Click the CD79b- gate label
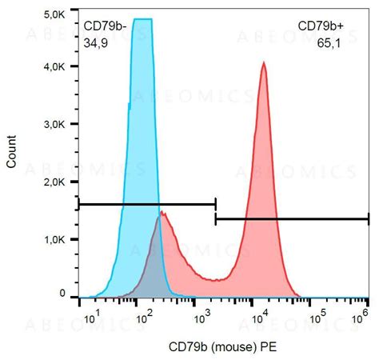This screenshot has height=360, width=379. (x=106, y=28)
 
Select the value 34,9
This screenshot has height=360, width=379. (x=95, y=44)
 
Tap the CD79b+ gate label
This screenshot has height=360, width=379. (x=317, y=28)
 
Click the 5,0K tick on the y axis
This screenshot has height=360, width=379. (x=55, y=14)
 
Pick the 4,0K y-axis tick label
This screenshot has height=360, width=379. (x=55, y=68)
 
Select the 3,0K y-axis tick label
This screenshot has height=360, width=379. (x=55, y=126)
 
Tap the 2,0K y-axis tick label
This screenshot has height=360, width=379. (x=55, y=182)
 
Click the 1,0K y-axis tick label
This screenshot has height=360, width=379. (x=55, y=239)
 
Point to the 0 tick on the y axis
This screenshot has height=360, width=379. (x=62, y=295)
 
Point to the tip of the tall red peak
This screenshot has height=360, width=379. (x=263, y=63)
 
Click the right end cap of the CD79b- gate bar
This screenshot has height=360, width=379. (x=215, y=204)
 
